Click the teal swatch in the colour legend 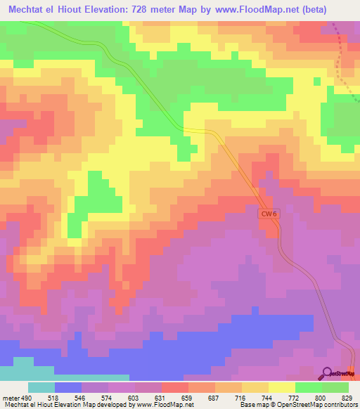41,387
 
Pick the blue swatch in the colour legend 68,387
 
